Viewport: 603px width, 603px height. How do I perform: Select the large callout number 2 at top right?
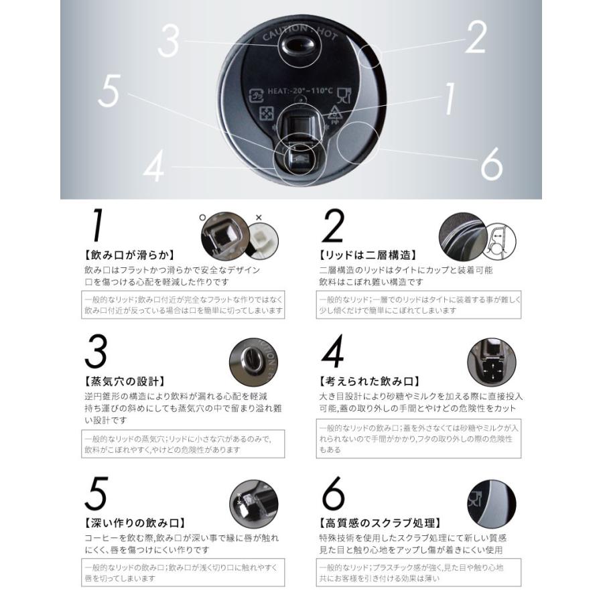click(x=476, y=38)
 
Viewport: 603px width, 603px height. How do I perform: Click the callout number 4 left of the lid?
click(x=154, y=167)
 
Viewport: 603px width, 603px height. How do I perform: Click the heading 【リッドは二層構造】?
click(x=368, y=255)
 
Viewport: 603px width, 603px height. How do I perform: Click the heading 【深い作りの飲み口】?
click(x=134, y=523)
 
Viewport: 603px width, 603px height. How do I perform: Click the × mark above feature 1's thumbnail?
click(x=259, y=218)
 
